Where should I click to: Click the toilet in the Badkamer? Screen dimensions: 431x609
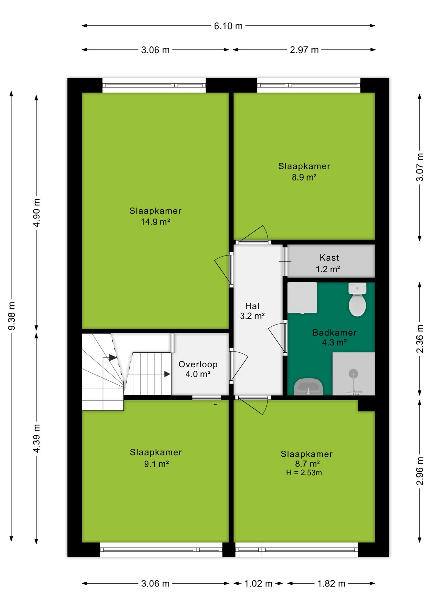tap(357, 299)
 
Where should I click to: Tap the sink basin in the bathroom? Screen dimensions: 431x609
tap(308, 387)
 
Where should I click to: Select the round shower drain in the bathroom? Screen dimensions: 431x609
tap(353, 374)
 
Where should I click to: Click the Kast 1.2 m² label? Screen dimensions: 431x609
tap(328, 263)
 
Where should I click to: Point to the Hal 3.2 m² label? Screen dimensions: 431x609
tap(252, 311)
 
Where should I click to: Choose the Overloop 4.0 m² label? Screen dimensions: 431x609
tap(198, 369)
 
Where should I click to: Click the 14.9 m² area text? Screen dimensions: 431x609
tap(156, 222)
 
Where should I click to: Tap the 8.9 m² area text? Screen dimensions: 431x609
tap(304, 177)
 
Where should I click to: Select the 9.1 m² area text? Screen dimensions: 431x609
tap(156, 464)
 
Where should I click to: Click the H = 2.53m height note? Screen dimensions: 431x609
tap(304, 473)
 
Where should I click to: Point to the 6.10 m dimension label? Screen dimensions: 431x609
tap(228, 26)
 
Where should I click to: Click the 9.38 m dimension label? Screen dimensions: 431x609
tap(12, 316)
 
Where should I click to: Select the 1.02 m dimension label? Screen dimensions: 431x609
tap(258, 584)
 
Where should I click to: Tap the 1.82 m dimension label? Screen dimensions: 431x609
tap(331, 584)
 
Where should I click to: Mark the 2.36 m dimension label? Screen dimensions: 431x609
tap(420, 338)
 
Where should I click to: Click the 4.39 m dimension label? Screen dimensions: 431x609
tap(37, 438)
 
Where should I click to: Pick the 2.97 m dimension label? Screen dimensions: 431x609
tap(304, 50)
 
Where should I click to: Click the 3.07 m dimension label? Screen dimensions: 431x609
tap(420, 167)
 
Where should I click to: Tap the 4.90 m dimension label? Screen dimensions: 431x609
tap(37, 213)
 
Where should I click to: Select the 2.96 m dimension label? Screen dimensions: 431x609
tap(420, 471)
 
